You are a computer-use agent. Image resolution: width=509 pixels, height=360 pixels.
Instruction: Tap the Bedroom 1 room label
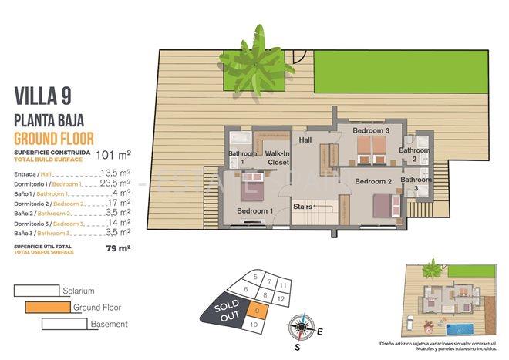[254, 210]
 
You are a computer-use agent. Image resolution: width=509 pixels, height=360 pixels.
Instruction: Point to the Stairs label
[303, 207]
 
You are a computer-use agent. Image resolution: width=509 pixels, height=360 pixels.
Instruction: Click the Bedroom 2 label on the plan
[374, 181]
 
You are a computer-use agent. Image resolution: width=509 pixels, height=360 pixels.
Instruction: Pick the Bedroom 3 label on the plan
[371, 131]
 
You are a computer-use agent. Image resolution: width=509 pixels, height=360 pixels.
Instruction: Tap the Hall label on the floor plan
[305, 140]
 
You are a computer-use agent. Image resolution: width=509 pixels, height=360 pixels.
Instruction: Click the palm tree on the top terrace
[251, 59]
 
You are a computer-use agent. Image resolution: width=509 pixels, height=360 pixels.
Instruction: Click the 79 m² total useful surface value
[118, 248]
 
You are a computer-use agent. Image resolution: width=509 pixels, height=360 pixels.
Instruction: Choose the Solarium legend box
[36, 291]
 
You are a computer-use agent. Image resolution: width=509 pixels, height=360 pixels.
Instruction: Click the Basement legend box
[64, 324]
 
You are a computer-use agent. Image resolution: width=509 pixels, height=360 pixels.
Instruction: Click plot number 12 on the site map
[282, 298]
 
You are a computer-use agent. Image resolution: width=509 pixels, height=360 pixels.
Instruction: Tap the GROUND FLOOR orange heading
[54, 139]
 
